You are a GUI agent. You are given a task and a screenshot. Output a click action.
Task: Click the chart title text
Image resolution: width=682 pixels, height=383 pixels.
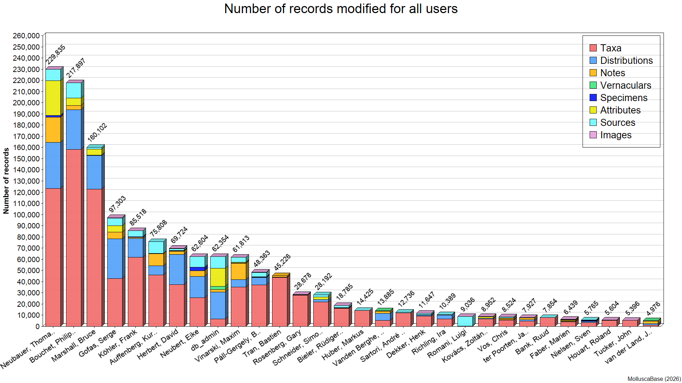pyautogui.click(x=341, y=9)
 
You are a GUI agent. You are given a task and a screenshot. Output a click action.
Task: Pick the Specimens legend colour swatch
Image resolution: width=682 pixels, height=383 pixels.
pyautogui.click(x=593, y=98)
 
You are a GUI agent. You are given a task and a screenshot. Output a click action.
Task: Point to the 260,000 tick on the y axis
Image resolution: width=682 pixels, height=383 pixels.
pyautogui.click(x=26, y=35)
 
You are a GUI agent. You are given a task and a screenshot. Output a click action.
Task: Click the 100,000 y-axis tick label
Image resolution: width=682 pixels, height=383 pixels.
pyautogui.click(x=26, y=215)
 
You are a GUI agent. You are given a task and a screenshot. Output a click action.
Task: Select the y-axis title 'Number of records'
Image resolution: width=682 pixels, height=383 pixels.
pyautogui.click(x=6, y=181)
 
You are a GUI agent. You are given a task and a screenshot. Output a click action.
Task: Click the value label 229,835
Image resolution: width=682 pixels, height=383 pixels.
pyautogui.click(x=56, y=55)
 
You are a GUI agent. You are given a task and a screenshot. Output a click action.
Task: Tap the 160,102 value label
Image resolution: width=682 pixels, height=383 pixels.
pyautogui.click(x=97, y=133)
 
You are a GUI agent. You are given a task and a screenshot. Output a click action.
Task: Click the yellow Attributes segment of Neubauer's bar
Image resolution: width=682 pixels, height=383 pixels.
pyautogui.click(x=53, y=98)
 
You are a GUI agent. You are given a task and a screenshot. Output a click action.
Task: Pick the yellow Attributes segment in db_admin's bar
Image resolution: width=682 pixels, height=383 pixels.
pyautogui.click(x=218, y=277)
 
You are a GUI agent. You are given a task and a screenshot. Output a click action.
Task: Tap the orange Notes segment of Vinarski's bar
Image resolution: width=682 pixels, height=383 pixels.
pyautogui.click(x=238, y=271)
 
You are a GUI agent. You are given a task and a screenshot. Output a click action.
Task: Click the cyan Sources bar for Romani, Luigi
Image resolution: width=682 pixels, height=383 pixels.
pyautogui.click(x=465, y=321)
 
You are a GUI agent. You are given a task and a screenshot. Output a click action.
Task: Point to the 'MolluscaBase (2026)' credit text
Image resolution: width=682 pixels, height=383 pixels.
pyautogui.click(x=654, y=379)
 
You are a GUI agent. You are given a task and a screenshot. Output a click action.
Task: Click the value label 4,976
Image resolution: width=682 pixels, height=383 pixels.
pyautogui.click(x=653, y=309)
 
